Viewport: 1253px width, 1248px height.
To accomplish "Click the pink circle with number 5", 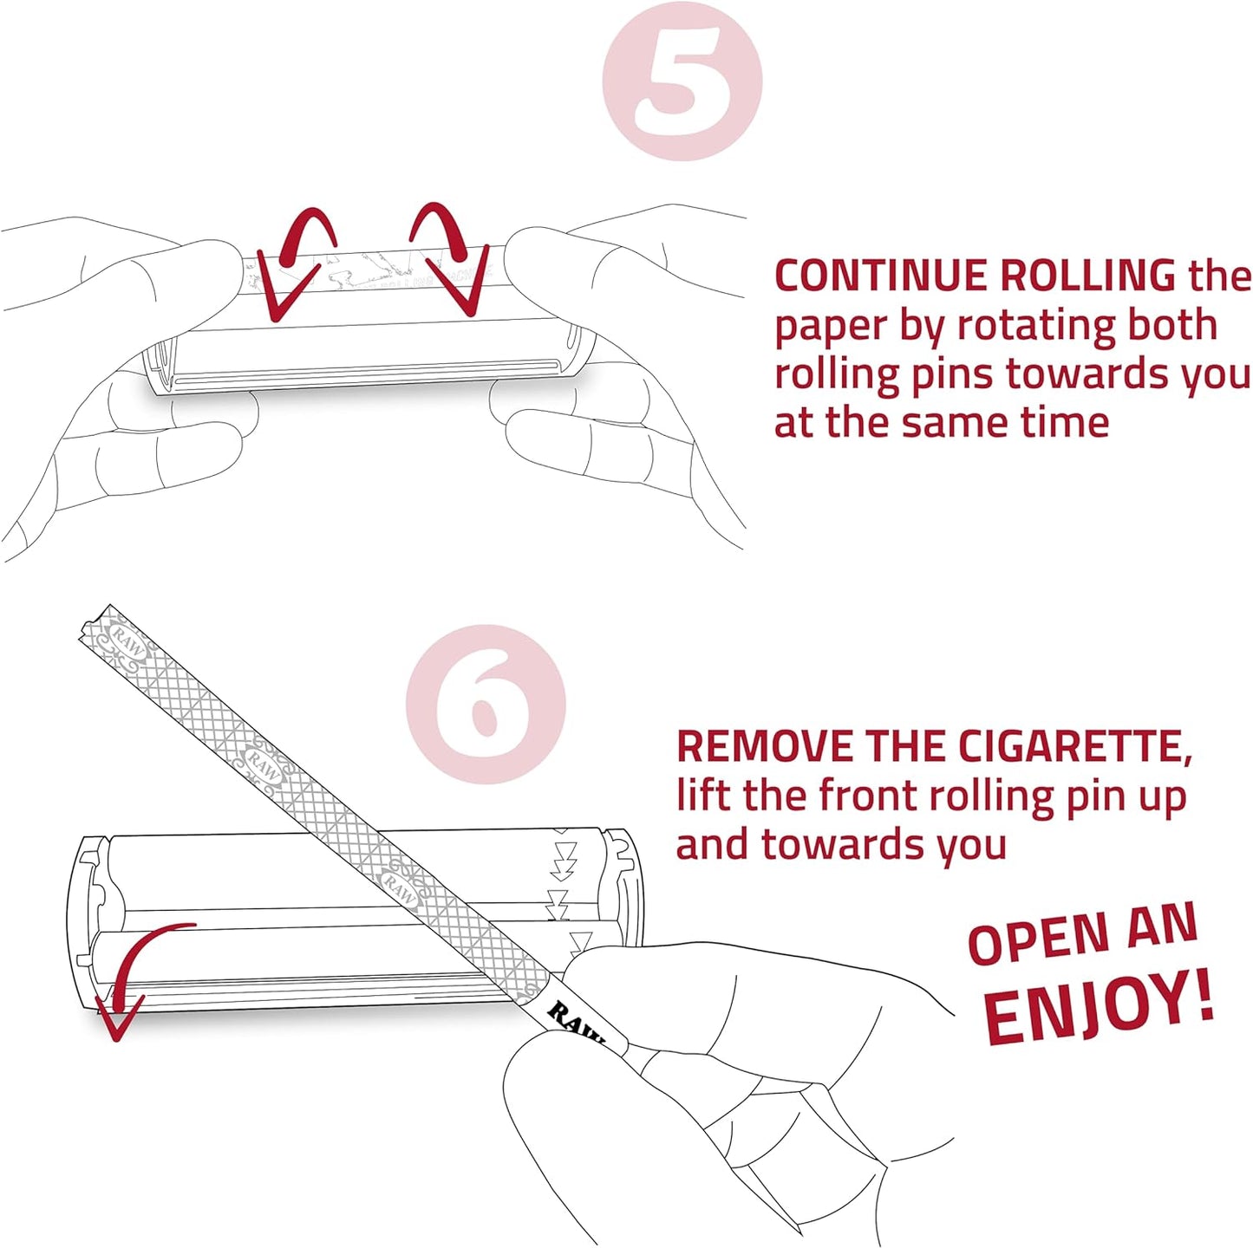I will (682, 81).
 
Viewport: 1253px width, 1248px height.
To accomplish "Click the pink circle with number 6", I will (486, 704).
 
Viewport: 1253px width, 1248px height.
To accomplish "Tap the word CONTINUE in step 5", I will (882, 276).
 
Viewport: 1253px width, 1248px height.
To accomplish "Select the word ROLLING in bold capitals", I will (1088, 276).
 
